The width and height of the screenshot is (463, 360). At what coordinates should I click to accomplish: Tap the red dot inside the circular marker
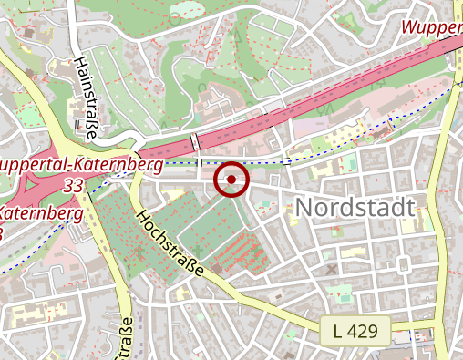click(x=231, y=180)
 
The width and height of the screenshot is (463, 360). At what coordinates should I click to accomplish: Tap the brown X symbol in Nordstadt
click(x=331, y=269)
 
